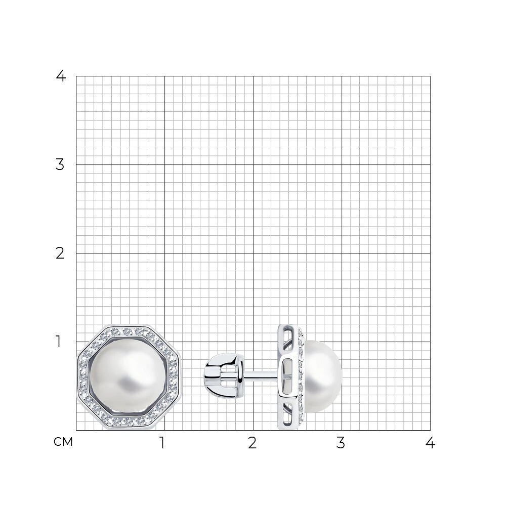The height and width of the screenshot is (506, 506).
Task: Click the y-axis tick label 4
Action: click(x=61, y=76)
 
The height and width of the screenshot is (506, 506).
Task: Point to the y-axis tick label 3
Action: click(x=60, y=164)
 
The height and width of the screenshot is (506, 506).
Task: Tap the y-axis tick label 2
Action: click(x=60, y=254)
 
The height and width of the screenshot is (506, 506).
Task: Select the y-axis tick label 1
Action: click(x=58, y=342)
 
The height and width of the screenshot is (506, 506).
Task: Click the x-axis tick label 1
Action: click(x=162, y=443)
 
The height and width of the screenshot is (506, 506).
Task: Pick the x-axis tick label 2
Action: click(x=252, y=443)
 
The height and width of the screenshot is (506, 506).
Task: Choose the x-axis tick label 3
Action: click(x=341, y=443)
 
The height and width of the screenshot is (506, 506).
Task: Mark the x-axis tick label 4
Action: click(x=430, y=443)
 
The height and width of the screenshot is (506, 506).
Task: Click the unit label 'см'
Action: click(x=63, y=442)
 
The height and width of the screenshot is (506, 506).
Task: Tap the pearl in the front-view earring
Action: click(x=128, y=377)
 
